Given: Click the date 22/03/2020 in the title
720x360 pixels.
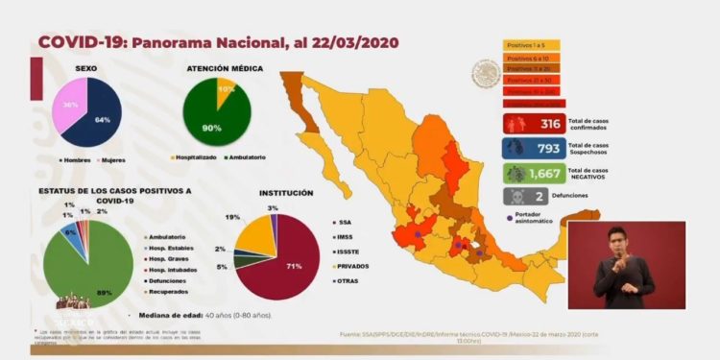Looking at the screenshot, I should (x=348, y=42).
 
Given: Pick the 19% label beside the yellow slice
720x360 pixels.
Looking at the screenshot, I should (x=232, y=217).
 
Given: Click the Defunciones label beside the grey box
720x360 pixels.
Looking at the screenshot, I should (x=596, y=196).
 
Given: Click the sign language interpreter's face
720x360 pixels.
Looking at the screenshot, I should (x=625, y=242).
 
